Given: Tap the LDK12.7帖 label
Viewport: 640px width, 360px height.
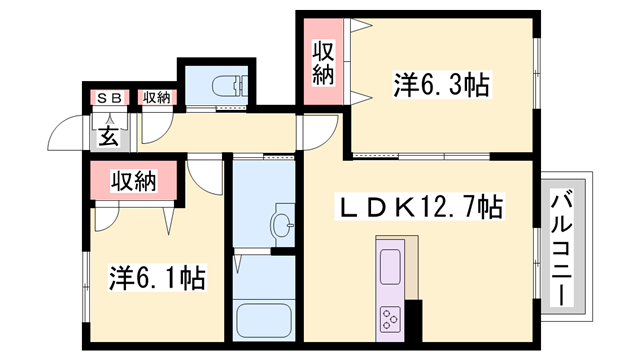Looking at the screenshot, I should tap(419, 208).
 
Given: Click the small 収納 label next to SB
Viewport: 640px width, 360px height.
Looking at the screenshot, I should tap(156, 98).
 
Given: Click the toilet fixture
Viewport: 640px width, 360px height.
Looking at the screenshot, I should tap(230, 86).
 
